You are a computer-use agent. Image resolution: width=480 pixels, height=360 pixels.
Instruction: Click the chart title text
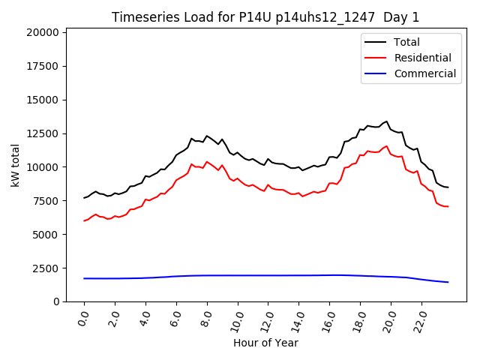coord(266,17)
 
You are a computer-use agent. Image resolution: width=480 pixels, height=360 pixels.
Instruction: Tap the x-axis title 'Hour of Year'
coord(265,343)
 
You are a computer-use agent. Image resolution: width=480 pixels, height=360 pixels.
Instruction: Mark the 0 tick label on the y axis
coord(56,301)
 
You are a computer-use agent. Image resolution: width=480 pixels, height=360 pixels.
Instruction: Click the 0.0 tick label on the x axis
coord(83,319)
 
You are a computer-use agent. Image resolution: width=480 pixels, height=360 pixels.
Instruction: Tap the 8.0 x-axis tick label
coord(206,319)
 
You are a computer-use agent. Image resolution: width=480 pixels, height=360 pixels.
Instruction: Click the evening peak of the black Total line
coord(387,121)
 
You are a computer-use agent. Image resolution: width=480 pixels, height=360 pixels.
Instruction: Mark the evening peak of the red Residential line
coord(387,145)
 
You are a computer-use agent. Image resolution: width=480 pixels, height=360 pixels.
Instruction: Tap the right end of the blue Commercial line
coord(448,282)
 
